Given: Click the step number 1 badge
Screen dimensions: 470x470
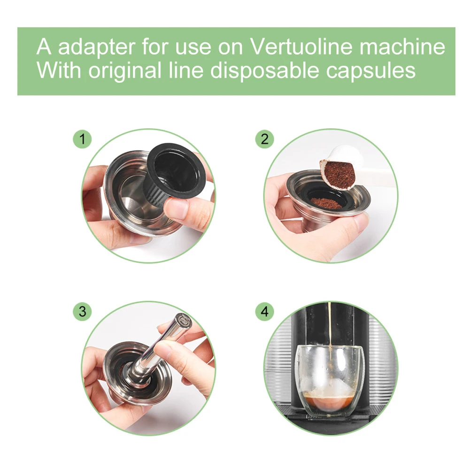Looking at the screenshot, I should coord(83,139).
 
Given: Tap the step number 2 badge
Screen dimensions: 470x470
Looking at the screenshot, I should coord(265,139).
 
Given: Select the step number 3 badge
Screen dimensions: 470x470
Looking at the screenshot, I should coord(83,311).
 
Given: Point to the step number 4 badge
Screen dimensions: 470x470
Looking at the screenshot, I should coord(265,311).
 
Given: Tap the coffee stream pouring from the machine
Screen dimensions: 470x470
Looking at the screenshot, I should coord(330,329).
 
